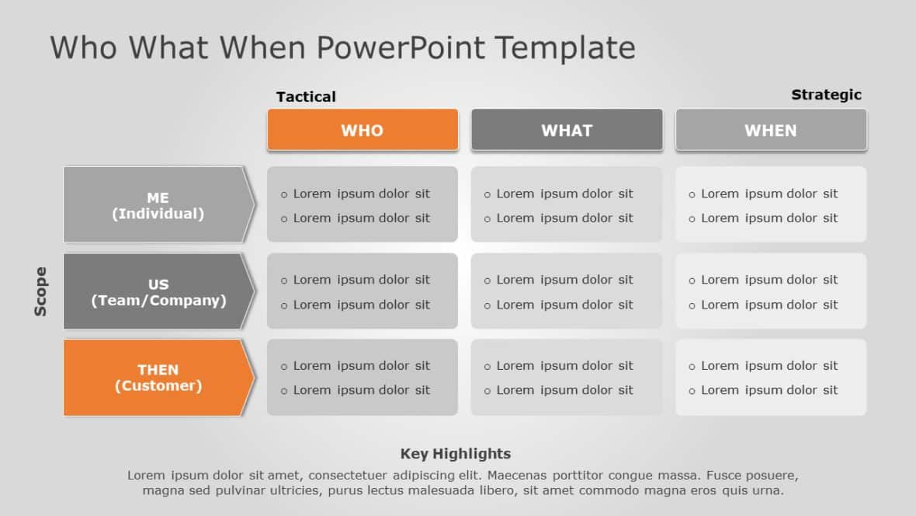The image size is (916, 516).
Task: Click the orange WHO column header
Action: click(363, 130)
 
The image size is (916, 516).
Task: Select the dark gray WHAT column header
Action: click(567, 130)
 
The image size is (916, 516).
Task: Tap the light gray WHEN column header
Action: click(771, 130)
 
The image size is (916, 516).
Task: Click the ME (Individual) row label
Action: click(158, 205)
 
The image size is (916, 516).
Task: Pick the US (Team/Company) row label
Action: click(158, 291)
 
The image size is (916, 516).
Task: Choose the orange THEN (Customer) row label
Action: click(158, 378)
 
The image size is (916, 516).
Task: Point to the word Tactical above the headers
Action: click(306, 96)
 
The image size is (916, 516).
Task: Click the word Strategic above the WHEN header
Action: click(826, 95)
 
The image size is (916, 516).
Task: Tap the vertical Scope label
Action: click(40, 291)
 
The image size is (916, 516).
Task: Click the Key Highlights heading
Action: click(456, 454)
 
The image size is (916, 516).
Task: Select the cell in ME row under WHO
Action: click(363, 205)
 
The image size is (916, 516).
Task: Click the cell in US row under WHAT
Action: click(567, 291)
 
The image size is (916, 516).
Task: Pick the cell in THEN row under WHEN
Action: click(771, 378)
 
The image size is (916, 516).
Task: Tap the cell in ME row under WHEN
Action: click(771, 205)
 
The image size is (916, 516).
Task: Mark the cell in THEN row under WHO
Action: click(363, 378)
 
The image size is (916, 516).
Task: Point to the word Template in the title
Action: click(565, 48)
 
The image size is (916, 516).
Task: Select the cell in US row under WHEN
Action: click(771, 291)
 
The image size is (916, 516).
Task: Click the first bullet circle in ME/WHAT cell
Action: click(487, 195)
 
